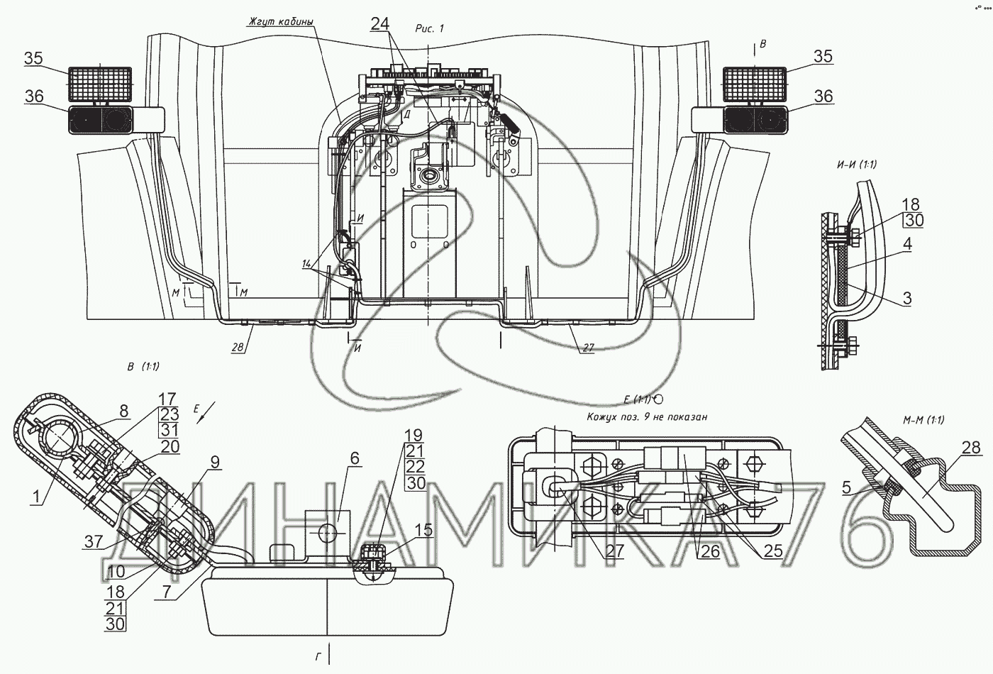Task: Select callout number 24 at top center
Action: click(380, 23)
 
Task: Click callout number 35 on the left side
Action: click(34, 59)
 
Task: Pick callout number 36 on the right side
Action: click(823, 96)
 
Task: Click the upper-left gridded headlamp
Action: click(100, 83)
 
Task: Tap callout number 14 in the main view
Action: click(308, 263)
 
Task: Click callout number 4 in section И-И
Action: click(907, 245)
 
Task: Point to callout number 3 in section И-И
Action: click(907, 299)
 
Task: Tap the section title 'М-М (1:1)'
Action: click(923, 420)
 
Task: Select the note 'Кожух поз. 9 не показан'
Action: click(647, 417)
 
